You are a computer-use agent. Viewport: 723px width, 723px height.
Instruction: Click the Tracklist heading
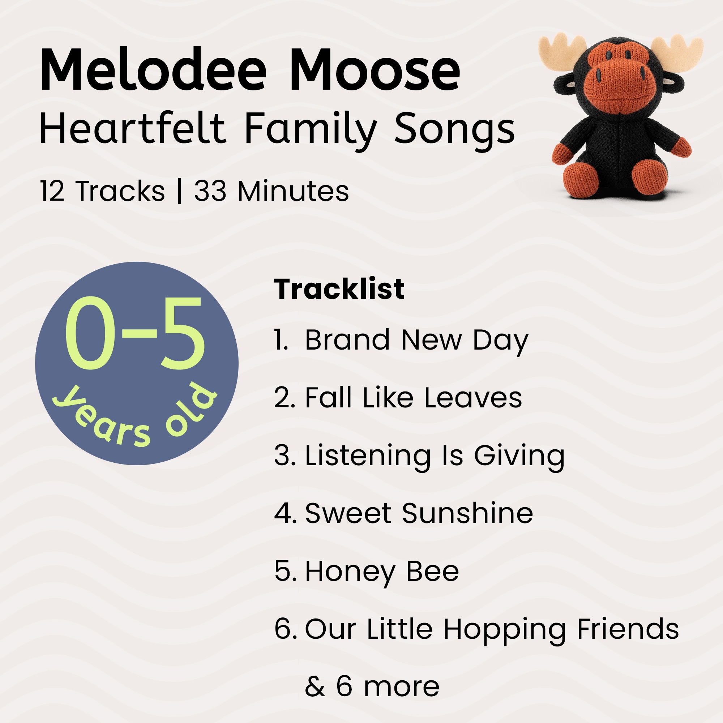point(339,289)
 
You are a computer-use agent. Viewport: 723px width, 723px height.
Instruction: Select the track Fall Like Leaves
point(413,397)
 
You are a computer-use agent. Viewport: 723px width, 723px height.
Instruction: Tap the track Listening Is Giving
point(434,456)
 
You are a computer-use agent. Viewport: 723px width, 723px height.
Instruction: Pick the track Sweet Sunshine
point(419,513)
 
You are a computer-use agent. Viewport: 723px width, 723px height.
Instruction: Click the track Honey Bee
point(382,572)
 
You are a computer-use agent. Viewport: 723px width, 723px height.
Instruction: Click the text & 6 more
point(372,687)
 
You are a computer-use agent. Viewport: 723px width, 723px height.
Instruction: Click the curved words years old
point(135,419)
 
